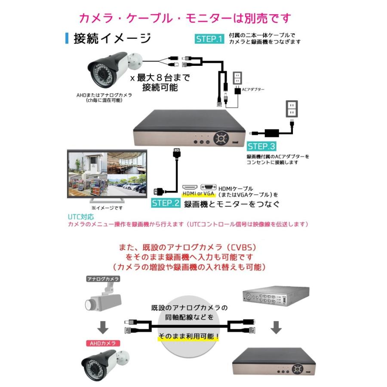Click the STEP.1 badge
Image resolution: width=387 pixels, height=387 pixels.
click(209, 39)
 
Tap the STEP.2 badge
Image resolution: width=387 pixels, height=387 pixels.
click(165, 203)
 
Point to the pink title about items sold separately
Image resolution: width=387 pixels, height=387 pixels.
click(185, 18)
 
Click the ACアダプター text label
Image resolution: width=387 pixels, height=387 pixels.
click(254, 89)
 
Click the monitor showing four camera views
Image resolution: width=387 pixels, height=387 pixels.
click(107, 173)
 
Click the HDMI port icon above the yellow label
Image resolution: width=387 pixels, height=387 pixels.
click(190, 187)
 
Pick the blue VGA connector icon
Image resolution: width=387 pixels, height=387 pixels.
click(208, 187)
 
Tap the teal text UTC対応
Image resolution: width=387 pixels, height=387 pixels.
click(80, 217)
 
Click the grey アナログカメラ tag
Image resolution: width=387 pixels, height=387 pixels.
click(103, 279)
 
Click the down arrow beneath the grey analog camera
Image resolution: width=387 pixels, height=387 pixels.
click(102, 328)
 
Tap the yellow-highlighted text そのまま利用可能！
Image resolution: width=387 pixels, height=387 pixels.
click(189, 336)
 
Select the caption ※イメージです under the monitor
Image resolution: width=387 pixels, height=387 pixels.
click(107, 208)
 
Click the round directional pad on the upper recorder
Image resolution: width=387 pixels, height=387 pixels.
click(221, 139)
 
